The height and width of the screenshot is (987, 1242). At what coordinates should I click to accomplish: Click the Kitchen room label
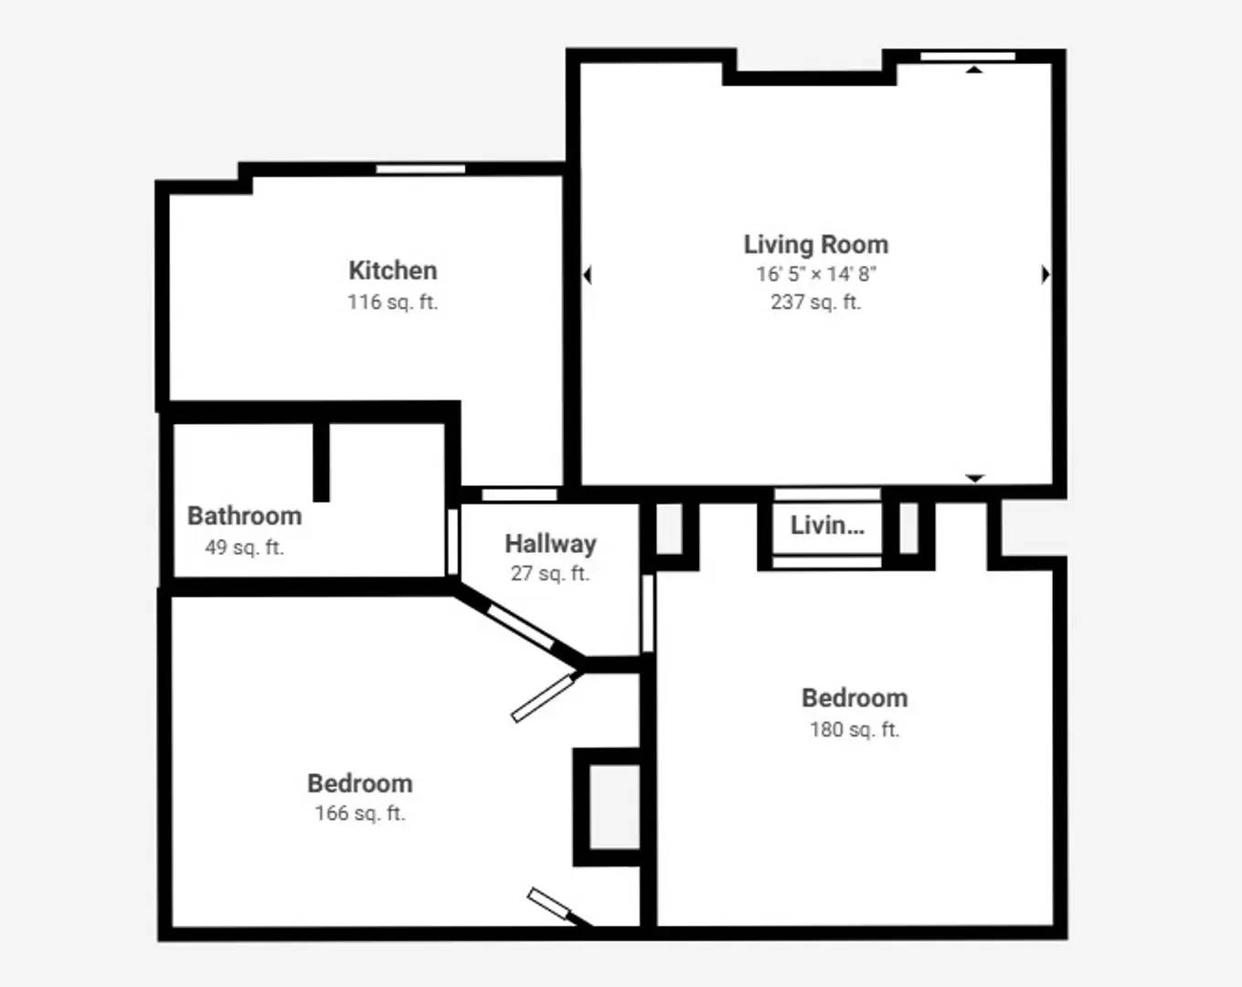pos(392,271)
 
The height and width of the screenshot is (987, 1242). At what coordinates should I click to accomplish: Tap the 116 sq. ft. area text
pos(392,302)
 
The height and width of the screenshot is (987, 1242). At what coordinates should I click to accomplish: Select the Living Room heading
pos(815,245)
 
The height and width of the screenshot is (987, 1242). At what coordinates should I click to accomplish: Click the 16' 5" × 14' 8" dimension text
pos(816,274)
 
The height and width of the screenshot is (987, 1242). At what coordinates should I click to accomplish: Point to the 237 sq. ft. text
pos(815,302)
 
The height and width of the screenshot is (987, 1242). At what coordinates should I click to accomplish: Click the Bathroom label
pos(244,516)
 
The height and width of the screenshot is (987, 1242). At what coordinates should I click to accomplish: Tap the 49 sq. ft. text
pos(244,547)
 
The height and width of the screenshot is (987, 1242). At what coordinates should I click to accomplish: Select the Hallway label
pos(550,545)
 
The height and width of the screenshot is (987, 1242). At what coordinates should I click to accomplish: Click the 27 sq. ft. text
pos(550,573)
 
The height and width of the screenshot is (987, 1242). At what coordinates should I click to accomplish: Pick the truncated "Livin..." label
pos(827,525)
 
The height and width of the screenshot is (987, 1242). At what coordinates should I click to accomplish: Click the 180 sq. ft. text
pos(855,729)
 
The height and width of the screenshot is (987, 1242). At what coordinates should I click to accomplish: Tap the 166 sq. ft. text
pos(360,813)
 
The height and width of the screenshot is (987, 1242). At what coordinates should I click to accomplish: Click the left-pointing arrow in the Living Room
pos(588,275)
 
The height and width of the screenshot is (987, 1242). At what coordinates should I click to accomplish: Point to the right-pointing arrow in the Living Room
pos(1046,275)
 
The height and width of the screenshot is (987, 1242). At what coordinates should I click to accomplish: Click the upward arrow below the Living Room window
pos(974,69)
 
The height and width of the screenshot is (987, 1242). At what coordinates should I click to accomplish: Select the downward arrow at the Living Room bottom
pos(975,478)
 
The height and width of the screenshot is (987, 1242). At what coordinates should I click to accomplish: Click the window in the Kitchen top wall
pos(420,168)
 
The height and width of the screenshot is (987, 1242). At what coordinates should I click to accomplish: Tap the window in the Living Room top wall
pos(968,56)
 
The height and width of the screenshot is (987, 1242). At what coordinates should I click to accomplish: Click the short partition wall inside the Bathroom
pos(322,462)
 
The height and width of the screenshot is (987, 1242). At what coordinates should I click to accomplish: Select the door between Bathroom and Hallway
pos(453,542)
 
